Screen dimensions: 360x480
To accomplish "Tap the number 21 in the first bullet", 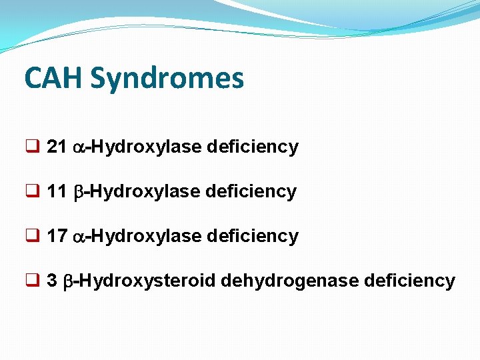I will [x=57, y=147].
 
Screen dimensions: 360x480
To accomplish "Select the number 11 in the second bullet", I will [x=57, y=192].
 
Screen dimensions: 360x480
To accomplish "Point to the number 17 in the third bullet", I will [x=57, y=237].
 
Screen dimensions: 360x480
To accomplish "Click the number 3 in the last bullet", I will [x=52, y=281].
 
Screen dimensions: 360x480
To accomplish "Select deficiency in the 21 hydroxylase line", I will [x=253, y=147].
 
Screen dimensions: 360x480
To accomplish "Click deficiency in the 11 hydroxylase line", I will [x=251, y=192].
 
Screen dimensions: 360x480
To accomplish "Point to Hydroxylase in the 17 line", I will [x=146, y=237].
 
